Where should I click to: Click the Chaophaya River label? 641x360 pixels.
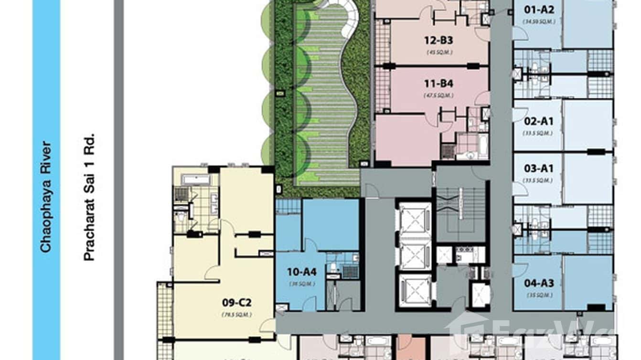46,196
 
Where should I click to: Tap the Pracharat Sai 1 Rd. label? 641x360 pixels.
89,197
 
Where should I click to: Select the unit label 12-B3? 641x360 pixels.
438,40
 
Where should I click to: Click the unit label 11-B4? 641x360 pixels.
438,84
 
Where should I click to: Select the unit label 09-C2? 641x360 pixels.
237,302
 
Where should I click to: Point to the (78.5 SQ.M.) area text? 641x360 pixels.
237,315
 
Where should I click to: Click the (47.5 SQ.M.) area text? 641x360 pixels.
438,95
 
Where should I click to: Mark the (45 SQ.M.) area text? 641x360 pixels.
438,52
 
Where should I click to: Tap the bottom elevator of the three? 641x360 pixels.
415,290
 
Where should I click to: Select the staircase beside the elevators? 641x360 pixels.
461,209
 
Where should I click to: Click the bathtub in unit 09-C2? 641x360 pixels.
196,180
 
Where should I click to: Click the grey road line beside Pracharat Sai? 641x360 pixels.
118,180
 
